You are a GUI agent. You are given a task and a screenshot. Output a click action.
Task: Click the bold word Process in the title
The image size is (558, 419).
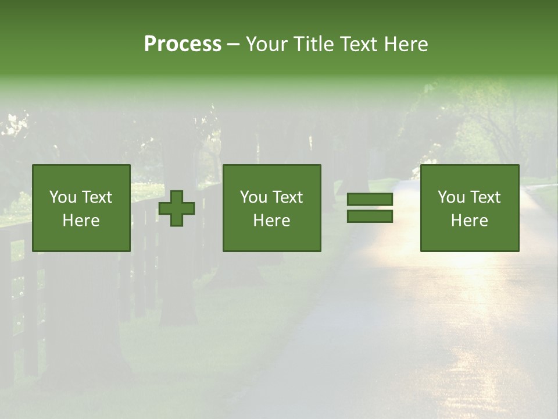pos(183,44)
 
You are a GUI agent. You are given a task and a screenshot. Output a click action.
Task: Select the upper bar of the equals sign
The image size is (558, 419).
pos(370,200)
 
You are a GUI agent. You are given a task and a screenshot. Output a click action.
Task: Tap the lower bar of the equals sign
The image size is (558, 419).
pos(370,216)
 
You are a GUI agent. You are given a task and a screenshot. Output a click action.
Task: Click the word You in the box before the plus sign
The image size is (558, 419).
pos(63,197)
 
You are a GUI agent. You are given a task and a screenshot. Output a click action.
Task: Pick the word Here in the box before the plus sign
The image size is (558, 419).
pos(81,221)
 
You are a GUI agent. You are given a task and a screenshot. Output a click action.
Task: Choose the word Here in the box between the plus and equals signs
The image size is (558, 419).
pos(271,221)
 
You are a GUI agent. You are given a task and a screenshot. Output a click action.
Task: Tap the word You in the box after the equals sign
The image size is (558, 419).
pos(451,197)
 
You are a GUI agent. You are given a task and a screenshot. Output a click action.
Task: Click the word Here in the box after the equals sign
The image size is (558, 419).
pos(469,221)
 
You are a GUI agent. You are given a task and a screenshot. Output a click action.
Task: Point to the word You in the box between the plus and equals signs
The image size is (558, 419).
pos(253,197)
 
